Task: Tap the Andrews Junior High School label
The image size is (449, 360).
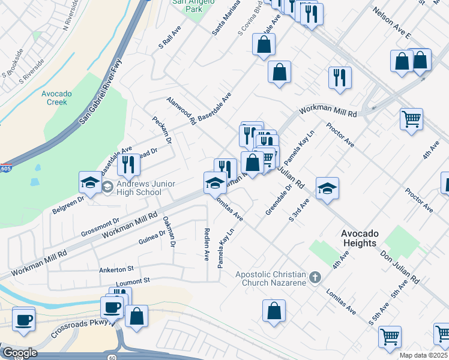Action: click(x=139, y=188)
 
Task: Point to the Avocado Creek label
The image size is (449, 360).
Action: click(x=57, y=98)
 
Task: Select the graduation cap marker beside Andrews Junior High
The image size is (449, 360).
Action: click(x=90, y=182)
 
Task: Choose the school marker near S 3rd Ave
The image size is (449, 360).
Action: click(x=327, y=188)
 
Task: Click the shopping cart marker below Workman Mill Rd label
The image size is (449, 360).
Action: click(x=412, y=119)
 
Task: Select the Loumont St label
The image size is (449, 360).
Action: click(x=133, y=280)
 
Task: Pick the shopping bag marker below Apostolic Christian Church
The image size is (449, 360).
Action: click(x=274, y=311)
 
